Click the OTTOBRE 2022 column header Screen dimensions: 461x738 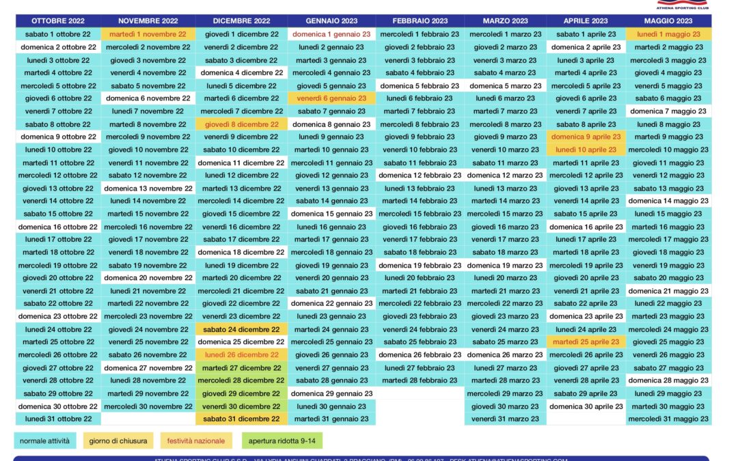(x=58, y=21)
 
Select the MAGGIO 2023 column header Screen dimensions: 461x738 (x=669, y=21)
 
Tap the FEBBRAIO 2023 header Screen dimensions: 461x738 (x=420, y=21)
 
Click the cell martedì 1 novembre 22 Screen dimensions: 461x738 (x=148, y=34)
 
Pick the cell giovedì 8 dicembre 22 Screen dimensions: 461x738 (x=241, y=124)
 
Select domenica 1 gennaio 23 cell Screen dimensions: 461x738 (x=331, y=34)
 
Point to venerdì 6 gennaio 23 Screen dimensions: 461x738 (x=331, y=98)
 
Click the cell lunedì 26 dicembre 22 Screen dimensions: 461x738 (x=241, y=355)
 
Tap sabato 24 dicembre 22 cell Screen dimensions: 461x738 (x=241, y=329)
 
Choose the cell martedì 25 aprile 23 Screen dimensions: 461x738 (x=586, y=342)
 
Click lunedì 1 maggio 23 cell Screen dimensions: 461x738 (x=669, y=34)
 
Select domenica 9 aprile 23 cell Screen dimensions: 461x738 (x=586, y=137)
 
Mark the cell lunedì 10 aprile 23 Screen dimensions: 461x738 (x=586, y=150)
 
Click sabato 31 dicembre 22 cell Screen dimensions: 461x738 (x=241, y=419)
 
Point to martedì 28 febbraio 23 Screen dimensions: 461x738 (x=420, y=380)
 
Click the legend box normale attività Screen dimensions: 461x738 (x=44, y=441)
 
